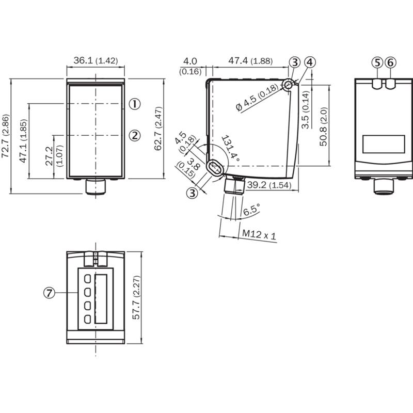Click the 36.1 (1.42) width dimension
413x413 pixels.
click(96, 60)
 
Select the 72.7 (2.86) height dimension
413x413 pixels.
click(6, 136)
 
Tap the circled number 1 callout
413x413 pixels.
click(135, 104)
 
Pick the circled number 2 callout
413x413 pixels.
click(135, 136)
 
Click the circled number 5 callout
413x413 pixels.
click(377, 62)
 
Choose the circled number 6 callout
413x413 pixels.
click(390, 62)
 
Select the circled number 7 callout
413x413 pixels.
click(49, 293)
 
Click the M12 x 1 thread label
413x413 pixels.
click(259, 234)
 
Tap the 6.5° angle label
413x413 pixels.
click(251, 210)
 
